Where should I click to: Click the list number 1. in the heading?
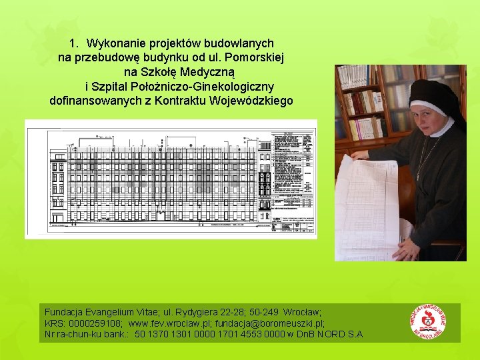pos(75,43)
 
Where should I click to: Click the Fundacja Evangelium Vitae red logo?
pos(428,323)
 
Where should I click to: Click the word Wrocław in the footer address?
pos(303,312)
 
